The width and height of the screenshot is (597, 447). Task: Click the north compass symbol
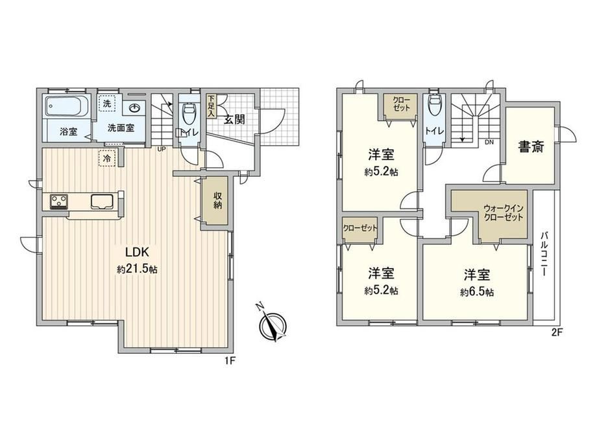pyautogui.click(x=272, y=325)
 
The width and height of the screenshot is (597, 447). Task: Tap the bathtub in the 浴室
pyautogui.click(x=67, y=106)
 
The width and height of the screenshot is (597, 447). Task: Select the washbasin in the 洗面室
pyautogui.click(x=134, y=108)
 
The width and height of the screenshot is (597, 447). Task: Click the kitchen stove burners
pyautogui.click(x=59, y=201)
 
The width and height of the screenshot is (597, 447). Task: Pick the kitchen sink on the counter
pyautogui.click(x=102, y=201)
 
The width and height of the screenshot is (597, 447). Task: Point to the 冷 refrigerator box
pyautogui.click(x=107, y=158)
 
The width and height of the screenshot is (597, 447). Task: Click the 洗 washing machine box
pyautogui.click(x=107, y=103)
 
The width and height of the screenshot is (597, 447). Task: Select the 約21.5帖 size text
pyautogui.click(x=137, y=269)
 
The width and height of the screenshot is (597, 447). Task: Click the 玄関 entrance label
pyautogui.click(x=234, y=120)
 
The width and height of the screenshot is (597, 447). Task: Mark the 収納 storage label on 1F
pyautogui.click(x=217, y=201)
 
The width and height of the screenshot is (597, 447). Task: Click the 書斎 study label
pyautogui.click(x=531, y=146)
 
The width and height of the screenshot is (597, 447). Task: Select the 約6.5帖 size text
pyautogui.click(x=477, y=292)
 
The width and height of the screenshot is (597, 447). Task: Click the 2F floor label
pyautogui.click(x=557, y=332)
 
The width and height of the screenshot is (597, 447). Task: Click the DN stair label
pyautogui.click(x=489, y=142)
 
